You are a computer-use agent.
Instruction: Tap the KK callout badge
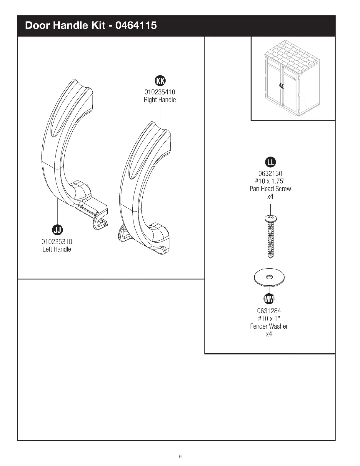pos(160,80)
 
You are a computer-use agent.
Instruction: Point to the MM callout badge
pos(269,299)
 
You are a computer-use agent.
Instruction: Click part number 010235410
pos(160,92)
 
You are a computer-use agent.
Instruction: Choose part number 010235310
pos(57,242)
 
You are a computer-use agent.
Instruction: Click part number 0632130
pos(270,174)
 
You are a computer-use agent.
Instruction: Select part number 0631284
pos(269,311)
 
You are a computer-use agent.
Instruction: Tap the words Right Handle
pos(160,100)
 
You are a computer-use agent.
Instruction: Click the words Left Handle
pos(57,249)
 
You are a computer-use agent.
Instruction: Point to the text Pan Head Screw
pos(270,189)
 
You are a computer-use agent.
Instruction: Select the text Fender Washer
pos(269,326)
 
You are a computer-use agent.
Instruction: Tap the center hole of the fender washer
pos(269,277)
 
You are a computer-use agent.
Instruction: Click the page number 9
pos(180,457)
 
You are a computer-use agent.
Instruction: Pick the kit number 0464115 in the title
pos(136,26)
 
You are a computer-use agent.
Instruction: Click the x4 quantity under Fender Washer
pos(269,334)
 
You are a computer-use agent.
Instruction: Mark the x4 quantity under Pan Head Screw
pos(270,197)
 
